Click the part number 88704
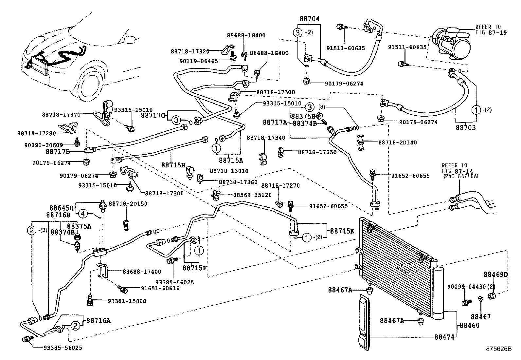(309, 19)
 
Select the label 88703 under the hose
(466, 128)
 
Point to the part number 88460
(469, 325)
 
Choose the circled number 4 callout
(83, 214)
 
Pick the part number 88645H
(62, 208)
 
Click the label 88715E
(342, 231)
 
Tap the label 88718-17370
(61, 114)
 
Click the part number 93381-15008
(126, 301)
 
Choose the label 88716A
(98, 320)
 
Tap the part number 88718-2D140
(398, 142)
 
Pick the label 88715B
(173, 165)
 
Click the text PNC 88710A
(462, 176)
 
